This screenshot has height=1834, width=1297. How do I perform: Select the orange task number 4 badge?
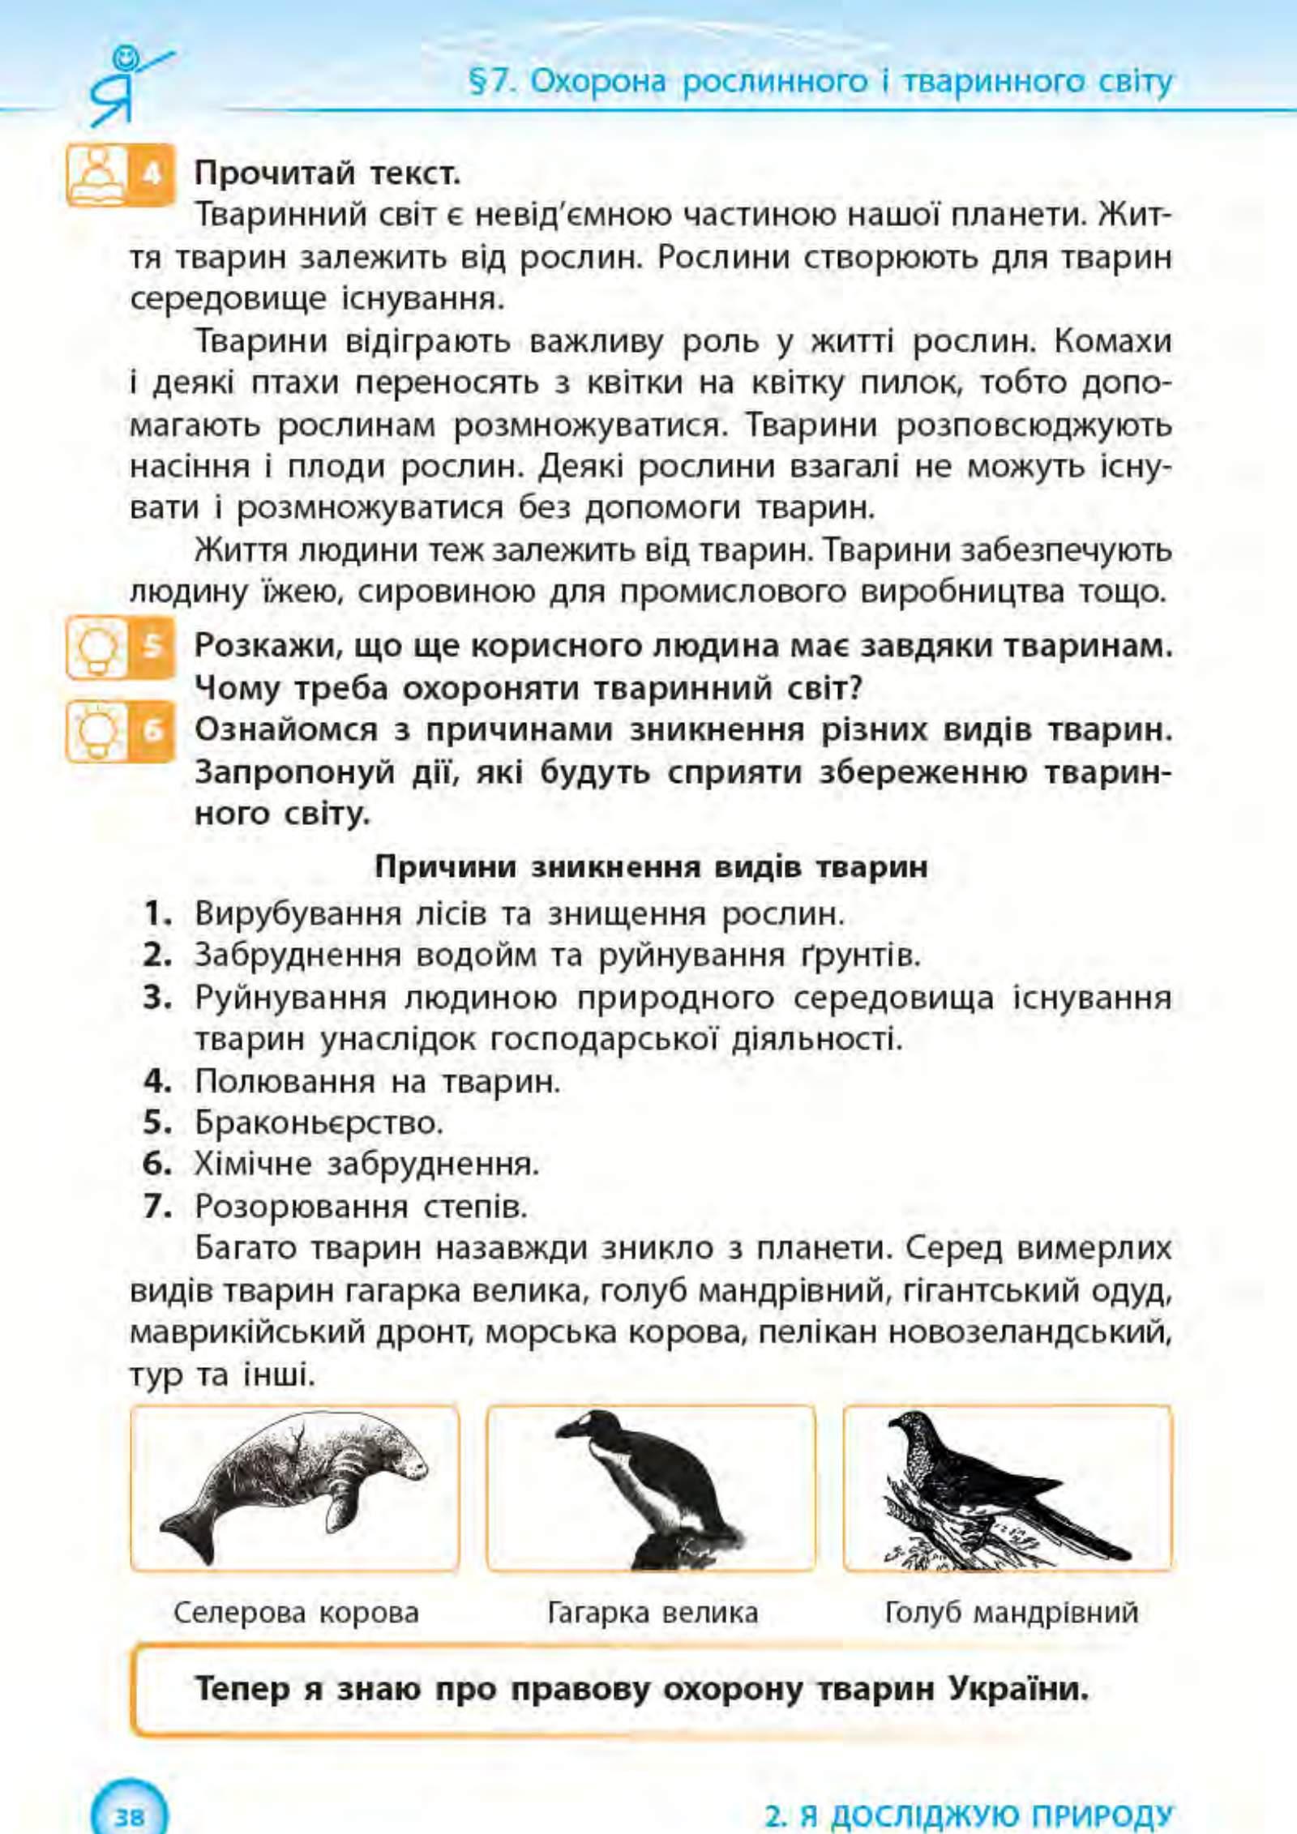(154, 173)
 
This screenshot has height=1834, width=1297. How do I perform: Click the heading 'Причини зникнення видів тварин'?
(650, 867)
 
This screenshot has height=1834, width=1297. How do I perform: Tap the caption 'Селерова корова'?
(296, 1613)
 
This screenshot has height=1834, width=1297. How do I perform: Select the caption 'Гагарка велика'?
(653, 1613)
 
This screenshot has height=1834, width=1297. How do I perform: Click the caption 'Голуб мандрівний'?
(1011, 1613)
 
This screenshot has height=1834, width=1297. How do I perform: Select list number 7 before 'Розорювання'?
(157, 1207)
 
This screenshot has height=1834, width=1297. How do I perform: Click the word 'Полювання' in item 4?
(284, 1081)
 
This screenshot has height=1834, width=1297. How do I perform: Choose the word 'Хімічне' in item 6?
(251, 1165)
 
